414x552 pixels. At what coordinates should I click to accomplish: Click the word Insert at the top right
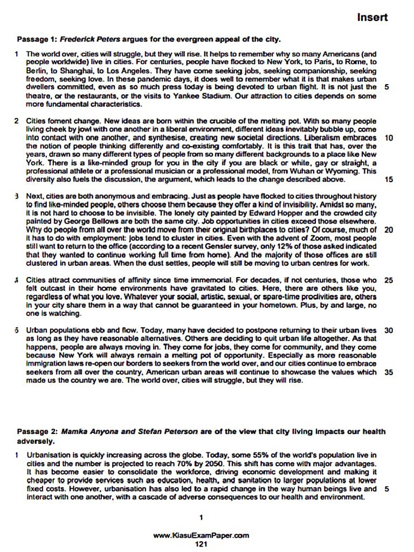tap(372, 17)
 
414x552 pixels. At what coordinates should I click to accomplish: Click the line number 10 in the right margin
tap(389, 138)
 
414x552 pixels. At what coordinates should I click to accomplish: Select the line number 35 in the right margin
tap(389, 372)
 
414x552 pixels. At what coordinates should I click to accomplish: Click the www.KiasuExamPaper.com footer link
tap(201, 536)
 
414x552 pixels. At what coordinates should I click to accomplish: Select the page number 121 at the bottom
tap(201, 544)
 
